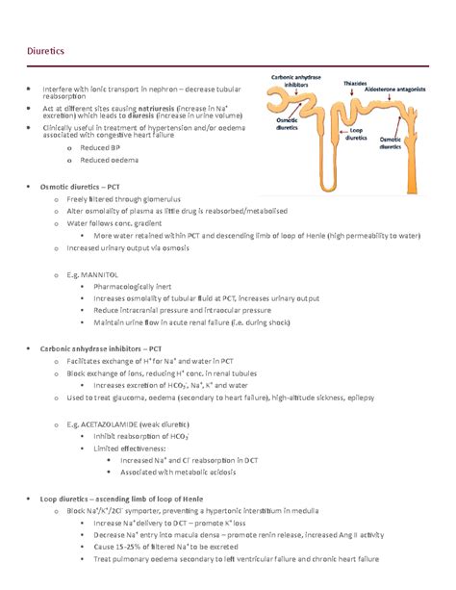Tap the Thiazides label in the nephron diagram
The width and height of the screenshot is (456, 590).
[x=355, y=84]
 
